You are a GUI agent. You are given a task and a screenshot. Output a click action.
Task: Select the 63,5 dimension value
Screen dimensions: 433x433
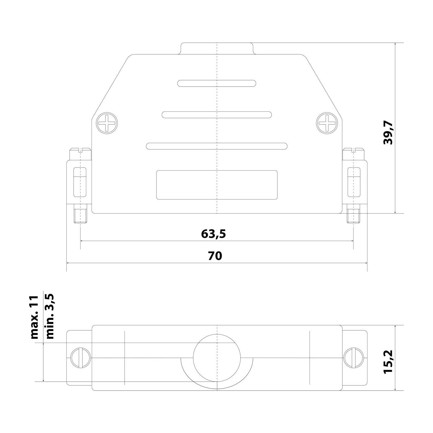click(x=213, y=234)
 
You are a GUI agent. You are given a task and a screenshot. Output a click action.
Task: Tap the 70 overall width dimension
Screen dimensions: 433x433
click(x=215, y=256)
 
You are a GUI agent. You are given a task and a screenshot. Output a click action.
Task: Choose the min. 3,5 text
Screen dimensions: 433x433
click(x=49, y=316)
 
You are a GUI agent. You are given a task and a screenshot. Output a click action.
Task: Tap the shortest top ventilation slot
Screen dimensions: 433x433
click(x=216, y=83)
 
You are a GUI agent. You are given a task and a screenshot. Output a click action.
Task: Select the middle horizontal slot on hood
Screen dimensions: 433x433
click(x=216, y=115)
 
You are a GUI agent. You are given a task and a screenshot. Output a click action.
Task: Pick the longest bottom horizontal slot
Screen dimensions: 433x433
click(x=216, y=146)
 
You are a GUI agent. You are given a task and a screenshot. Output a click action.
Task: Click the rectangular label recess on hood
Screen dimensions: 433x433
click(x=216, y=185)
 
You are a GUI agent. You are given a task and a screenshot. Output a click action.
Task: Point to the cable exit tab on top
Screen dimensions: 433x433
click(x=216, y=48)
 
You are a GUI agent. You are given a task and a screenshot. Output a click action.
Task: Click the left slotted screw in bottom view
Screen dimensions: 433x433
click(x=81, y=358)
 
